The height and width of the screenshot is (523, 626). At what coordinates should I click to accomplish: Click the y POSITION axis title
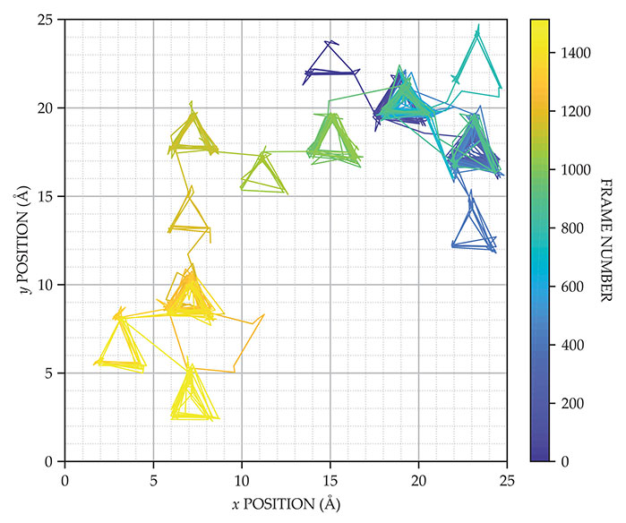click(x=19, y=240)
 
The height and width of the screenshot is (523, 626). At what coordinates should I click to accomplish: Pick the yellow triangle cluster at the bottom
click(x=191, y=399)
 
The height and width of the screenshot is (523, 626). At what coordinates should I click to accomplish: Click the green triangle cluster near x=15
click(x=332, y=141)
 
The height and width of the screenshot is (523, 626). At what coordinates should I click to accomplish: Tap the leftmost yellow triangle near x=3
click(x=121, y=345)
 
